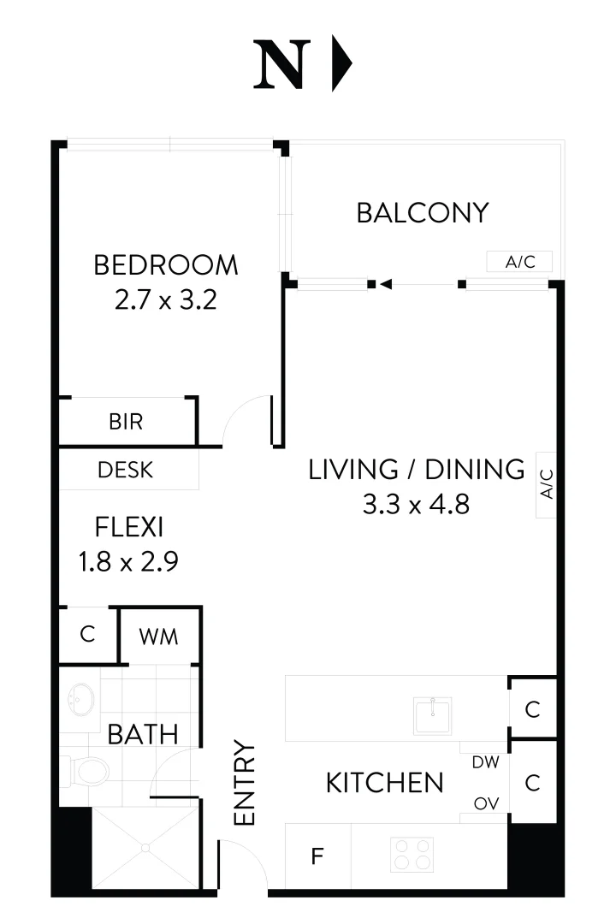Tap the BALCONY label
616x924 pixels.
(422, 212)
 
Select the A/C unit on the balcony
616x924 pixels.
(519, 262)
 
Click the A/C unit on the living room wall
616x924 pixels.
(547, 484)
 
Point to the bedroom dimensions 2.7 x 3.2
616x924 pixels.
(165, 300)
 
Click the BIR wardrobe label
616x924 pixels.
(126, 422)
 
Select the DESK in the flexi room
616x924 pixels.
(126, 470)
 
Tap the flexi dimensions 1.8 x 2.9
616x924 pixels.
(128, 561)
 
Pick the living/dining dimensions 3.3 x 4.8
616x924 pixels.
(416, 505)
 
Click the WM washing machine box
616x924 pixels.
(159, 637)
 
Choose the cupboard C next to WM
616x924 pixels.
(86, 635)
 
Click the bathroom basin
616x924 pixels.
(82, 701)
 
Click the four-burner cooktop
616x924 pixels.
(412, 854)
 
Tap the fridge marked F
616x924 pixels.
(317, 856)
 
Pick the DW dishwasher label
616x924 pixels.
(485, 761)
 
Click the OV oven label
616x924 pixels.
(485, 803)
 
